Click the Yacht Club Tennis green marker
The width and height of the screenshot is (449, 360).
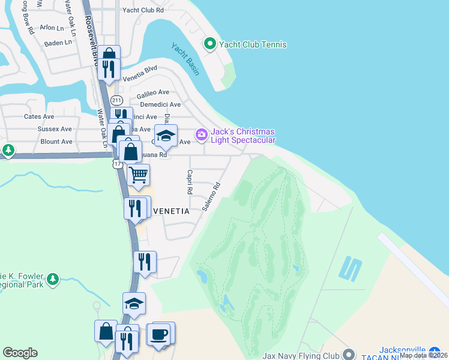click(210, 44)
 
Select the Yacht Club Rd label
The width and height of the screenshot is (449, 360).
click(142, 10)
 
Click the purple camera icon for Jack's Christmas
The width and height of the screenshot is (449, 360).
click(201, 134)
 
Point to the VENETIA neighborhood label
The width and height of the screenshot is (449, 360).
click(172, 212)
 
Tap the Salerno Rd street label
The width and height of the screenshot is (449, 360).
click(212, 197)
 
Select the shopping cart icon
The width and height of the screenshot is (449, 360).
click(139, 175)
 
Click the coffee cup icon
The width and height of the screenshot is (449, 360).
click(160, 334)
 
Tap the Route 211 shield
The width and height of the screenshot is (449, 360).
click(116, 100)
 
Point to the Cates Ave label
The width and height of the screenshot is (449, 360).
click(39, 116)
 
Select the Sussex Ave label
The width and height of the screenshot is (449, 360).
click(55, 129)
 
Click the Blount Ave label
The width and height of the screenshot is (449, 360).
click(56, 142)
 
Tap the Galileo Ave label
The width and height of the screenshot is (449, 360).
click(153, 92)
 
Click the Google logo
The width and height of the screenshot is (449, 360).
click(20, 353)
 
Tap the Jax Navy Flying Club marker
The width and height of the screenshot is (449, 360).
click(348, 355)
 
